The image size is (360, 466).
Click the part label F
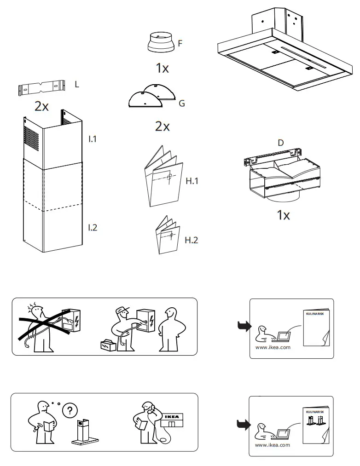(x=180, y=44)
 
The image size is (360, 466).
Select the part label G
(x=181, y=104)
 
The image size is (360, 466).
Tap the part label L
(x=77, y=84)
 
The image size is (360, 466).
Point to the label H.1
(x=192, y=181)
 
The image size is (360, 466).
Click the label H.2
(x=191, y=240)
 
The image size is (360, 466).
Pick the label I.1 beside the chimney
(x=93, y=138)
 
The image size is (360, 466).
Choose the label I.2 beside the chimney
(x=93, y=227)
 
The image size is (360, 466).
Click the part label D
(x=280, y=143)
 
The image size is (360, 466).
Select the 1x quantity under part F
(x=162, y=69)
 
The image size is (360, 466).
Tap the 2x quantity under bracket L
(x=41, y=106)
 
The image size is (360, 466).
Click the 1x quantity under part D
(x=283, y=215)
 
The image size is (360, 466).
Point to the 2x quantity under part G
(x=162, y=126)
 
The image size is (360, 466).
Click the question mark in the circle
(x=70, y=411)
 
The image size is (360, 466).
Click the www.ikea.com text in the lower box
(x=272, y=445)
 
